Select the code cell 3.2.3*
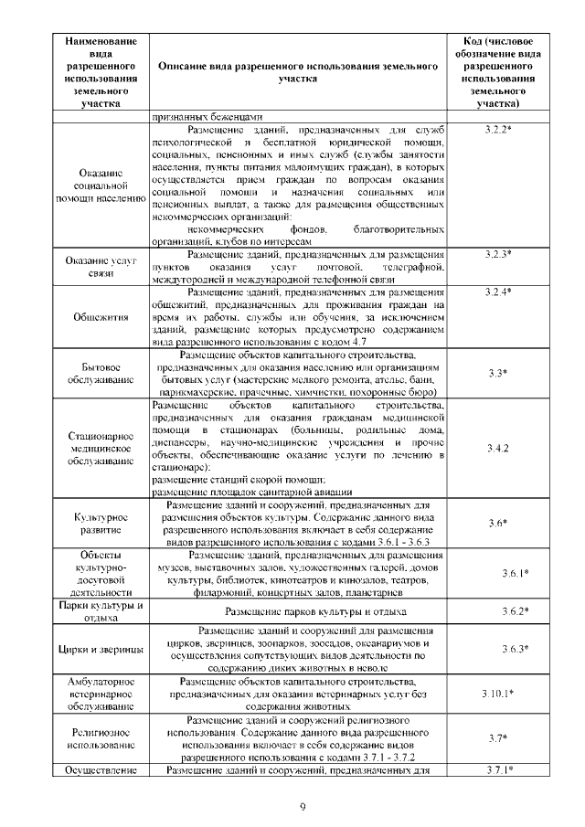pos(497,252)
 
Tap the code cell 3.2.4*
pos(497,291)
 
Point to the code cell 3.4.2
pos(497,449)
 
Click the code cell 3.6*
pos(497,523)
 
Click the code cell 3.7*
pos(497,738)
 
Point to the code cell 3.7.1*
pos(497,770)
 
